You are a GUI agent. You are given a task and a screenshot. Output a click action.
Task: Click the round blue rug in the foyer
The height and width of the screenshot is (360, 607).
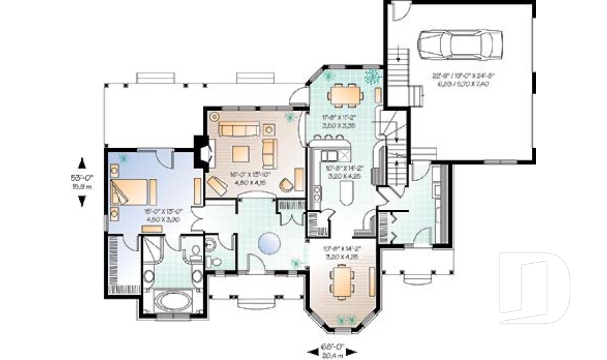click(x=271, y=242)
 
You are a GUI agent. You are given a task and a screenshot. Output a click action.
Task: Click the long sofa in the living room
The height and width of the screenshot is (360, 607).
click(x=239, y=130)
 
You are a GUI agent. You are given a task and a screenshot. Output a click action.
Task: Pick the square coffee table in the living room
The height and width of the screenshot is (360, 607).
click(x=241, y=154)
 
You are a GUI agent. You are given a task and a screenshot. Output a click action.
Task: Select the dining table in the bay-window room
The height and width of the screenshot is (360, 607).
click(x=341, y=280)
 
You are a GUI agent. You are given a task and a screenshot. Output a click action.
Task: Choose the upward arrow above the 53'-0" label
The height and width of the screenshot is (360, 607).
click(x=82, y=161)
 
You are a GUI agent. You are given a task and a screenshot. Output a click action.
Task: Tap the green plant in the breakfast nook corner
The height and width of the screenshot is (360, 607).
click(x=373, y=77)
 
